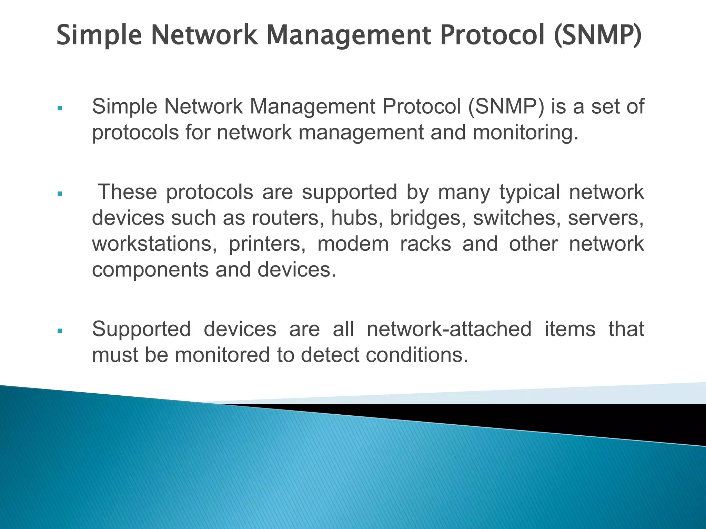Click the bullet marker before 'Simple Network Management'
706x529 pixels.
(x=60, y=108)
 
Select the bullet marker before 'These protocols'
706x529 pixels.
(x=60, y=194)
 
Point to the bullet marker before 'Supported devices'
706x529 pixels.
(x=60, y=331)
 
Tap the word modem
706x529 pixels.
(x=353, y=244)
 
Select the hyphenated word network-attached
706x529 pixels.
(x=449, y=329)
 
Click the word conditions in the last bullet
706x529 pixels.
(x=417, y=355)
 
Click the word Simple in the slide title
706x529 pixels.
(x=99, y=35)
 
